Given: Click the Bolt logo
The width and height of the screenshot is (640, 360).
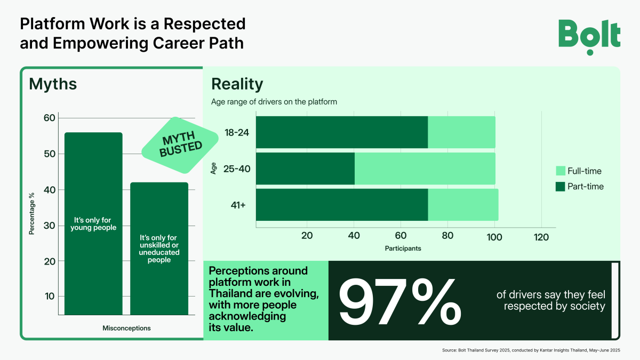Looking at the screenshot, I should (589, 36).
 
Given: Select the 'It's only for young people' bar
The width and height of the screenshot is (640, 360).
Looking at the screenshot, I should (93, 223).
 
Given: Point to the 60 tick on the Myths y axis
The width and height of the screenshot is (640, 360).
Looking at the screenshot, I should (49, 118).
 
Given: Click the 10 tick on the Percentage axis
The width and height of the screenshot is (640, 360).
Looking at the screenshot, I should (49, 297).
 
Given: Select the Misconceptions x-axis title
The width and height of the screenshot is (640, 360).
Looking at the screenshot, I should (126, 328).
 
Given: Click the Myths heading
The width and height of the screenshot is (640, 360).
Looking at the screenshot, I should (53, 84).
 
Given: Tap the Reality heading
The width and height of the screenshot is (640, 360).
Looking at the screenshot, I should (237, 84).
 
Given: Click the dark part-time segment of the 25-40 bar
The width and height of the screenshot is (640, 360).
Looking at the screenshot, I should (305, 169).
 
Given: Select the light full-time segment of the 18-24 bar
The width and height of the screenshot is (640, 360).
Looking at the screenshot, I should (461, 132).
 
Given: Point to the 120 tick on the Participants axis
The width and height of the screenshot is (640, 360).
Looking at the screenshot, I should (541, 237).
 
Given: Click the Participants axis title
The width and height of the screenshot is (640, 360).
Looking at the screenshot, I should (403, 249).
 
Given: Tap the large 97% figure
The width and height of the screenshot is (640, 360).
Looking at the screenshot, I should (400, 301).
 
